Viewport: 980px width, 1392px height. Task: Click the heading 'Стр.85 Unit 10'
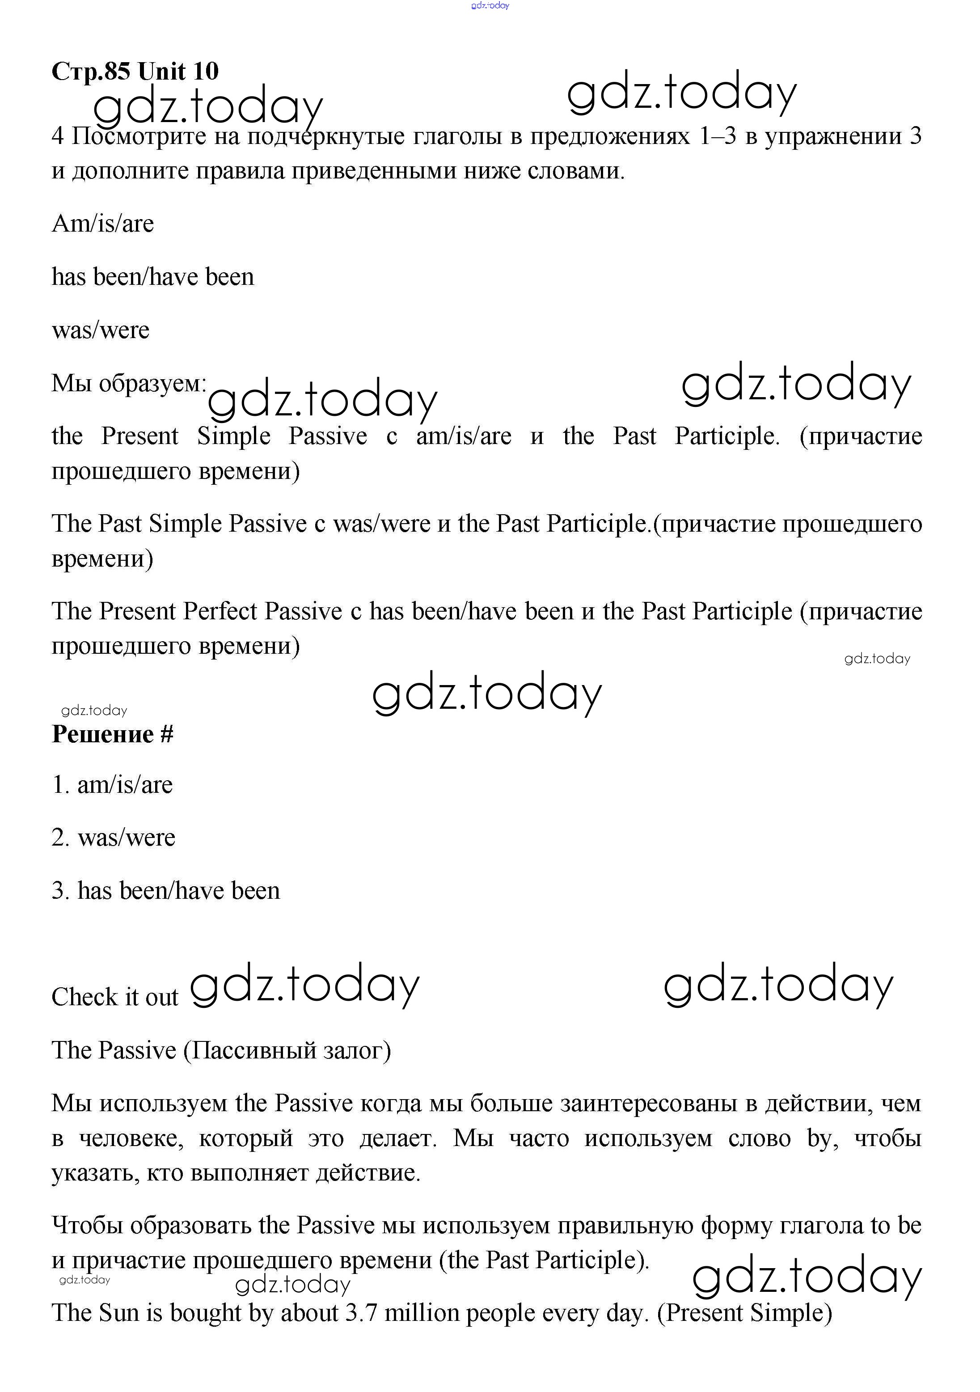pos(135,72)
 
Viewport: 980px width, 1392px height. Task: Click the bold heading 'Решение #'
pos(113,734)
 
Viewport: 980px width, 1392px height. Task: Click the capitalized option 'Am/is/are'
pos(102,224)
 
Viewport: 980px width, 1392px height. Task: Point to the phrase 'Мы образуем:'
pos(128,383)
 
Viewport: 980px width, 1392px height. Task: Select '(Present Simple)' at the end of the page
pos(744,1313)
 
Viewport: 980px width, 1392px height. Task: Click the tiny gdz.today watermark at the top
pos(490,5)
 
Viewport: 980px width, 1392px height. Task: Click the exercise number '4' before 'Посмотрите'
pos(58,136)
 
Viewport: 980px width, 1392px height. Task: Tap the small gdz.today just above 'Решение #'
pos(94,711)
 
